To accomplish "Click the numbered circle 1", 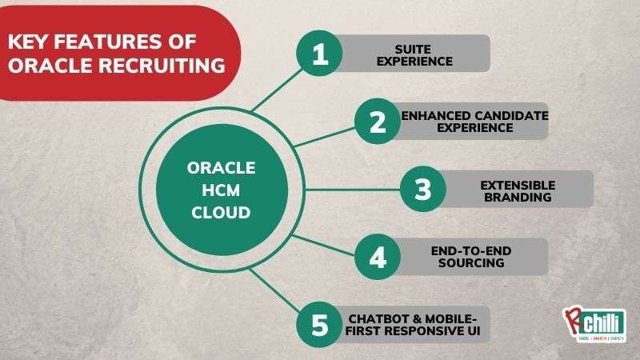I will (x=320, y=54).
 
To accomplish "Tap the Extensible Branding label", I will (x=517, y=190).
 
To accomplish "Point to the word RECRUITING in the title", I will (x=160, y=66).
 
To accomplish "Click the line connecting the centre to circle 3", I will (x=344, y=190).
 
